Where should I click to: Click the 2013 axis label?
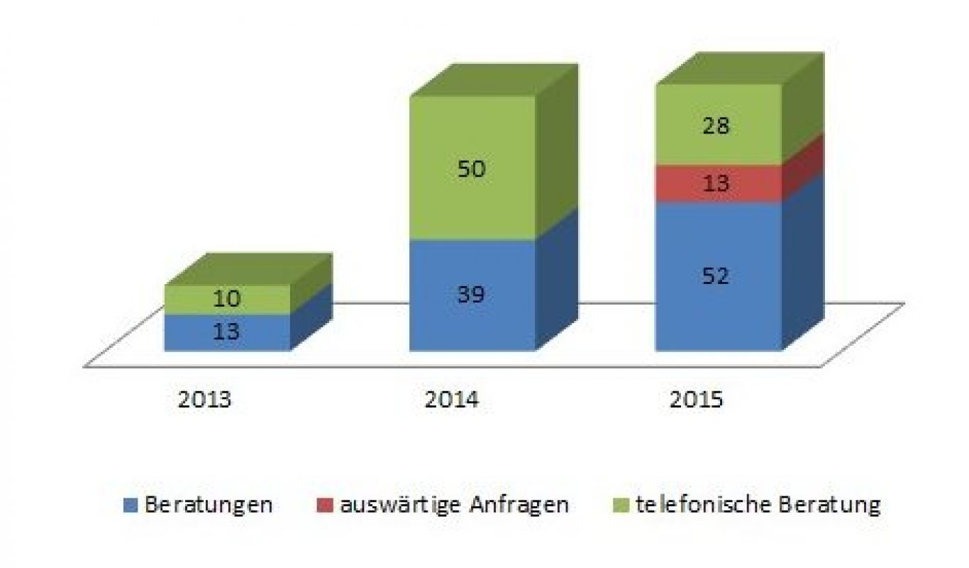(204, 400)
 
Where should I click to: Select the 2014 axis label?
(451, 400)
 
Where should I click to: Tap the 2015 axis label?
(696, 400)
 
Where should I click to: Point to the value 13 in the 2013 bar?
(227, 332)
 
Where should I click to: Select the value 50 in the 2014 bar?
(471, 170)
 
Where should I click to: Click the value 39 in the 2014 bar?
(471, 295)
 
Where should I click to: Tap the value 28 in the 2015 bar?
(716, 126)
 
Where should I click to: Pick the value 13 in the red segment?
(716, 184)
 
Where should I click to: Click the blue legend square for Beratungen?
(129, 506)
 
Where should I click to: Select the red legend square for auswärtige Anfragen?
(324, 506)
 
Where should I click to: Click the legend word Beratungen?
(209, 505)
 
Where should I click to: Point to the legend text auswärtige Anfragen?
(454, 505)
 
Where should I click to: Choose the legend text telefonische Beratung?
(758, 505)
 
